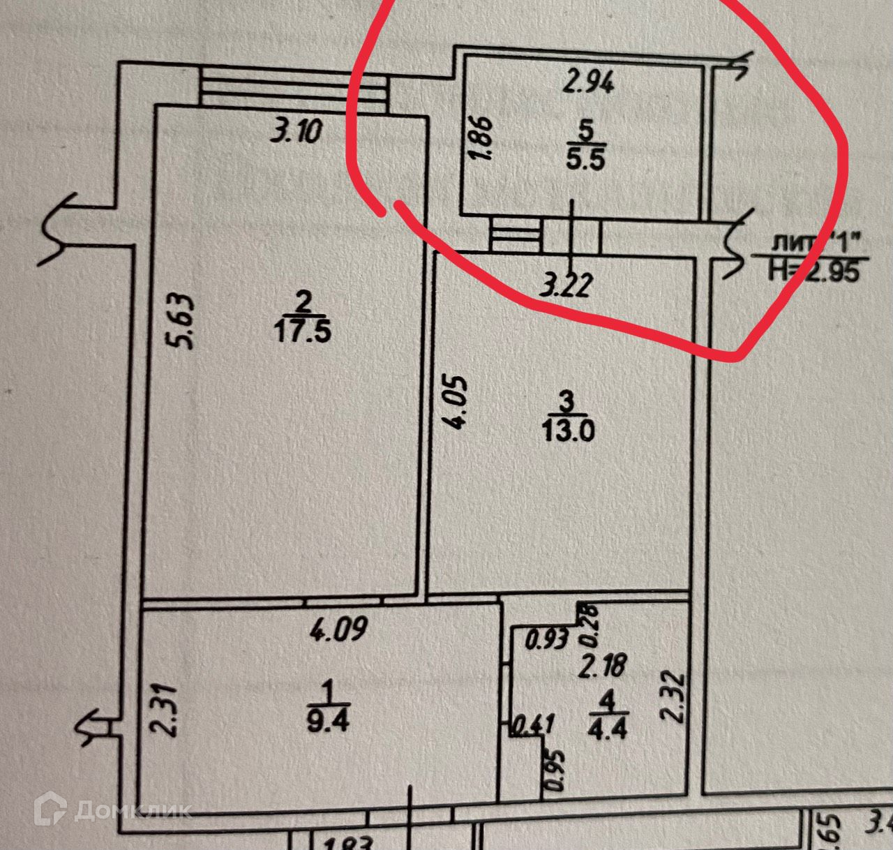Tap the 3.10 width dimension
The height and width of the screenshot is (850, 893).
[297, 131]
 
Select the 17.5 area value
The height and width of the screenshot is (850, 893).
[302, 331]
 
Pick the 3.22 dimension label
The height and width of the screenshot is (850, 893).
[567, 285]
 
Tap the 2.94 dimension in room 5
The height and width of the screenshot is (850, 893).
[588, 82]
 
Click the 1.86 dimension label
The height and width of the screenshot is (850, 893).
[482, 138]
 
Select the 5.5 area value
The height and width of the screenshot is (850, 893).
[585, 160]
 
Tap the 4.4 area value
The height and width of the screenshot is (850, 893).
[608, 728]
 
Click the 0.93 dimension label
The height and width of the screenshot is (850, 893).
[546, 639]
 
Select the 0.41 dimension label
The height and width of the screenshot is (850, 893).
[533, 725]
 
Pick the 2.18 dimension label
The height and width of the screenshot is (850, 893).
[602, 664]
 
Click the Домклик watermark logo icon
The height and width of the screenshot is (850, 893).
[50, 809]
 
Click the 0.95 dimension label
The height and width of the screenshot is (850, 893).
[555, 770]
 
